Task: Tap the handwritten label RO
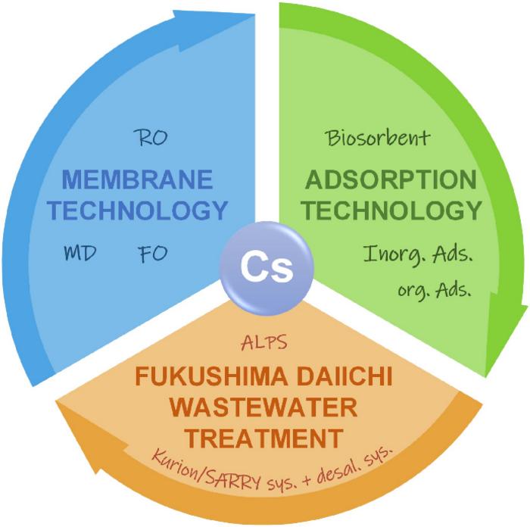pyautogui.click(x=150, y=138)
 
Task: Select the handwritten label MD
pyautogui.click(x=79, y=253)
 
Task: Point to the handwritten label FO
pyautogui.click(x=154, y=253)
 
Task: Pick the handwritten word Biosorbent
pyautogui.click(x=378, y=139)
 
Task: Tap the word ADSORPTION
pyautogui.click(x=391, y=180)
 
